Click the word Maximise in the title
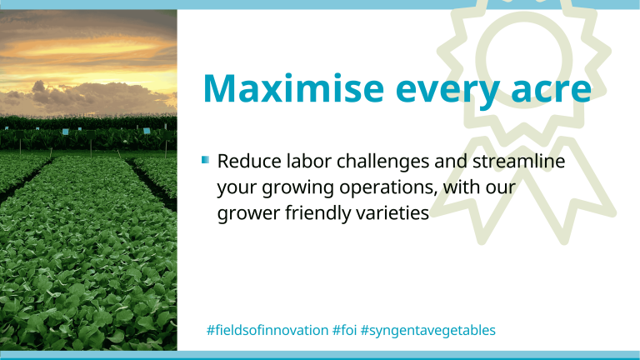pos(293,87)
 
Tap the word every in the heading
pos(447,92)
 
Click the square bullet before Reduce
pos(205,160)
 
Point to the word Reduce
pos(249,161)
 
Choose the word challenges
pos(382,162)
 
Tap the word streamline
pos(519,161)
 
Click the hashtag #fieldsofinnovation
pos(267,330)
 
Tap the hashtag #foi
pos(344,330)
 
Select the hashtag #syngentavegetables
pos(428,331)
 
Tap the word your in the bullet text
pos(237,189)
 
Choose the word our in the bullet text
pos(500,188)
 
